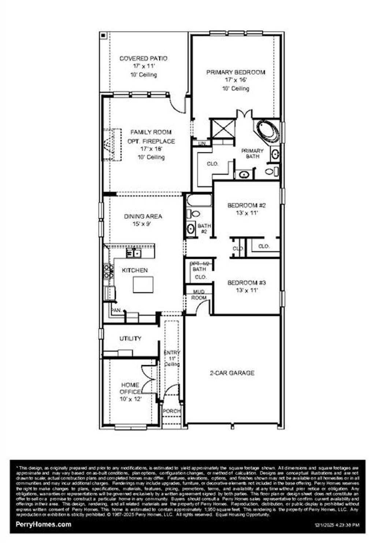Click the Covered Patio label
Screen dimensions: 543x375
click(143, 58)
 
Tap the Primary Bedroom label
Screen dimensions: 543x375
click(235, 72)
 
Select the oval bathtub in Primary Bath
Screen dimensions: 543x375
click(268, 130)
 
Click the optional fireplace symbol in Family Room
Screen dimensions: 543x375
click(112, 144)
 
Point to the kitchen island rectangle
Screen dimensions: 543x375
click(143, 285)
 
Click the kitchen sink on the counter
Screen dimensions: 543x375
click(134, 253)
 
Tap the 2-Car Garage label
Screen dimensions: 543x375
click(232, 373)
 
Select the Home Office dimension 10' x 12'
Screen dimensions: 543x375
click(130, 399)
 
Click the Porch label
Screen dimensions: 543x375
click(171, 411)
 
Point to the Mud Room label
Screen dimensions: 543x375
click(199, 295)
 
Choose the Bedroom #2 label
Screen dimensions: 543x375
click(246, 205)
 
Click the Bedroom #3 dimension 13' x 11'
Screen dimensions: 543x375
click(246, 290)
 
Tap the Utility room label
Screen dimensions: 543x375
click(130, 338)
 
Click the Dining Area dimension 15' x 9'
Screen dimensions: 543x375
click(142, 224)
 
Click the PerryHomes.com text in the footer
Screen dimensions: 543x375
click(43, 524)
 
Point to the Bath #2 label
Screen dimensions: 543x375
click(204, 229)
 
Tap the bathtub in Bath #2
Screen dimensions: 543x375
click(199, 201)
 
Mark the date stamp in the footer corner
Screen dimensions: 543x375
click(337, 525)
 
